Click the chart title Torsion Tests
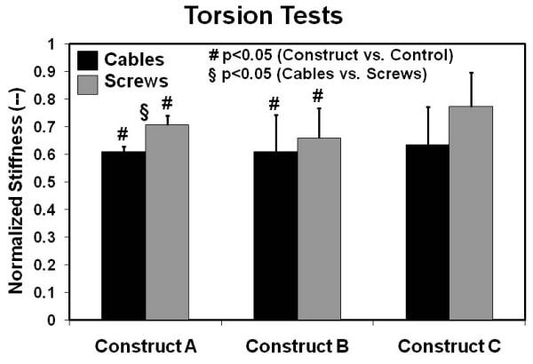(266, 16)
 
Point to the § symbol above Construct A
(146, 113)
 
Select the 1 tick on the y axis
(62, 44)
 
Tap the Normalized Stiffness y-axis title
(16, 182)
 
